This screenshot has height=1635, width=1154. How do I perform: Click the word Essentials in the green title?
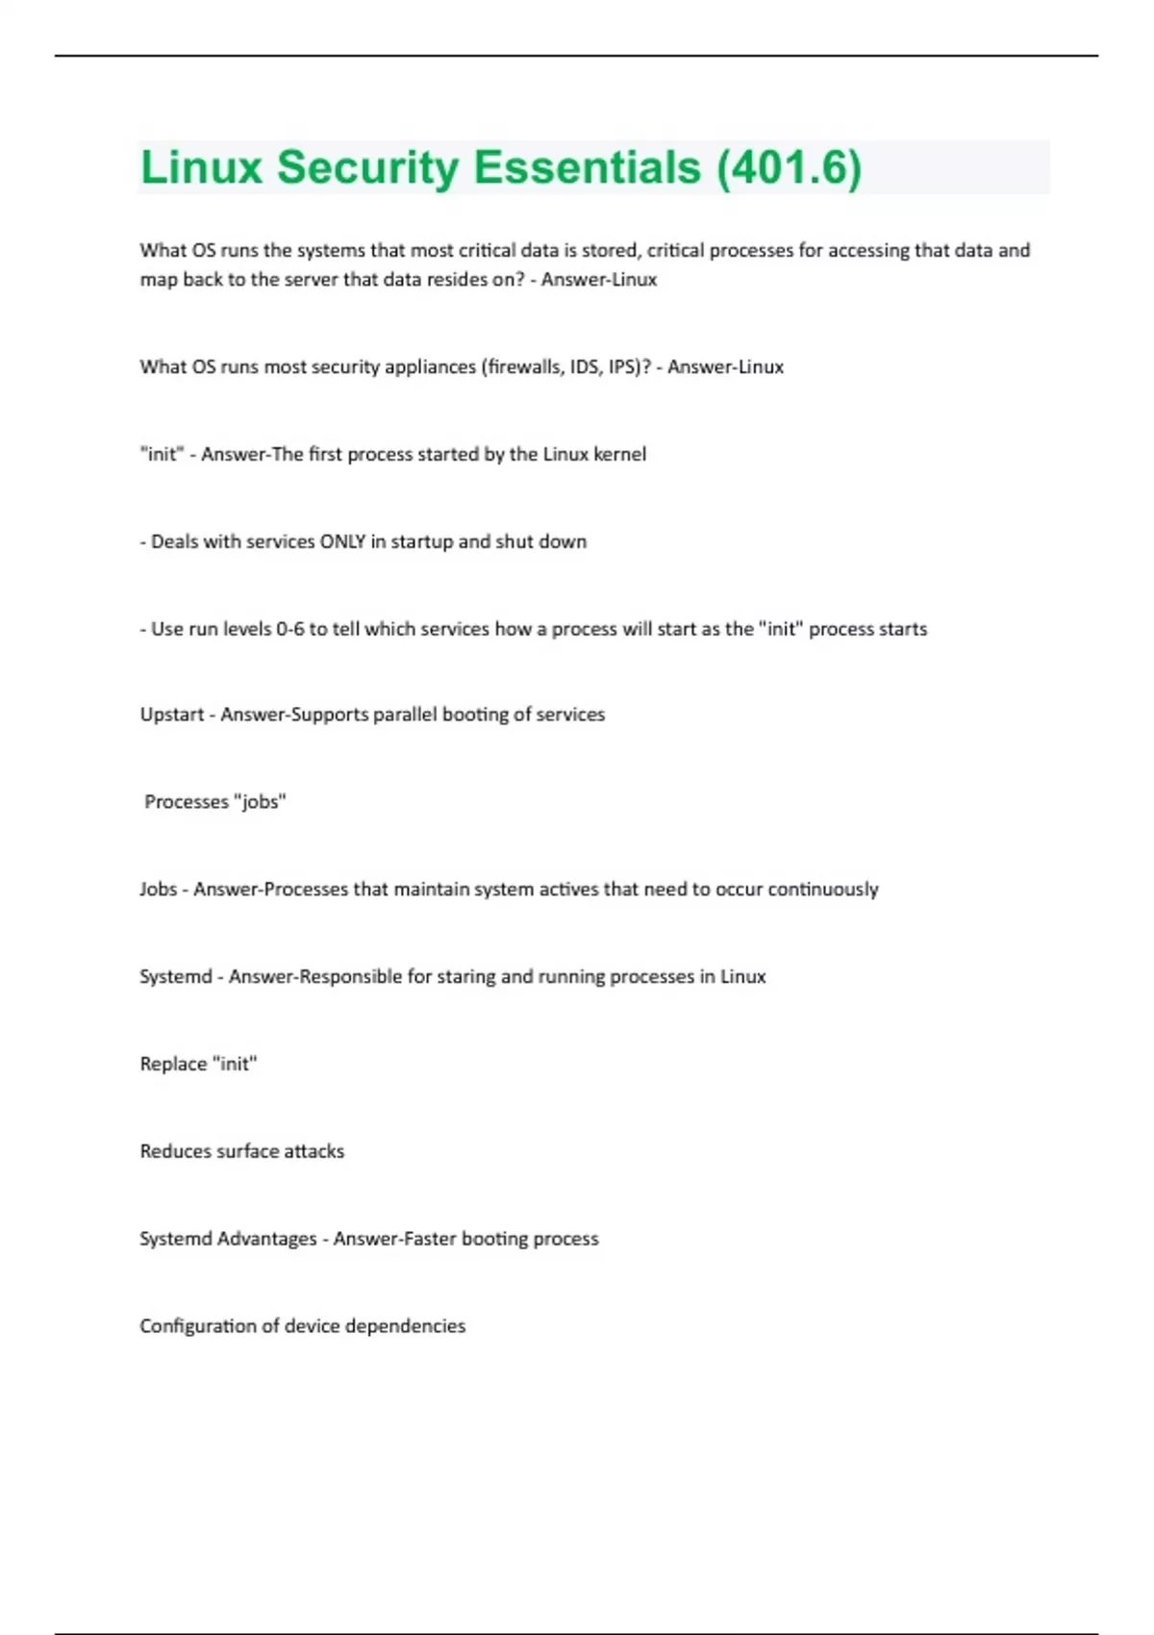[587, 167]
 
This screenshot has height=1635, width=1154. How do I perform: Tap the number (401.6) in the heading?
[789, 167]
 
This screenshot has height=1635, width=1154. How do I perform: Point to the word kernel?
[619, 454]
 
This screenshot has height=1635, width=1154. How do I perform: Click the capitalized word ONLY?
[342, 541]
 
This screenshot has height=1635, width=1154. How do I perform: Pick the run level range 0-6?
[289, 629]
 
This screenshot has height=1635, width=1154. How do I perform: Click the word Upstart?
[172, 715]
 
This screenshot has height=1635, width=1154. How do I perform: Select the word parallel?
[405, 715]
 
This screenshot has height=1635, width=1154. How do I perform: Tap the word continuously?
[823, 890]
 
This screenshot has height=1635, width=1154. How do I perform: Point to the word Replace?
[173, 1064]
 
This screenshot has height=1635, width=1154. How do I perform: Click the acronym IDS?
[585, 366]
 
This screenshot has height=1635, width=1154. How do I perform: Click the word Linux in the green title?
[202, 167]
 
